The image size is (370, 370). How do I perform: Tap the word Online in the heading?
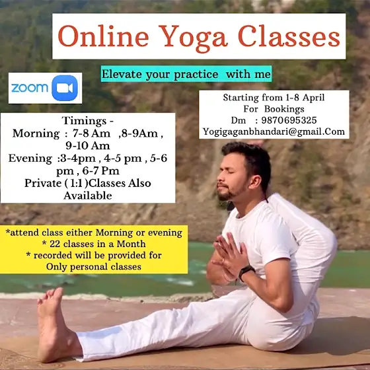[103, 36]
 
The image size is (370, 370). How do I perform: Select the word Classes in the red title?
[289, 36]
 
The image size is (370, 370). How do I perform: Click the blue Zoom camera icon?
[65, 88]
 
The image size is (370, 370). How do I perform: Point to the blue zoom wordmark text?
[30, 88]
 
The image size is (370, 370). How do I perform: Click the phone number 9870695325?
[289, 120]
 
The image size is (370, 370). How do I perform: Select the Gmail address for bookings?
[274, 131]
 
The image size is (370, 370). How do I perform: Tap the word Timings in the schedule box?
[85, 121]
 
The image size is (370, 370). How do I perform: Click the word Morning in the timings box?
[36, 133]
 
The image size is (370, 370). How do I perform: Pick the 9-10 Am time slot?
[88, 145]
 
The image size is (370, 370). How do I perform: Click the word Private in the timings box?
[43, 183]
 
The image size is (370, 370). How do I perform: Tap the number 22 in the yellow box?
[55, 244]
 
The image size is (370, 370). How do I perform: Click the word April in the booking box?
[314, 98]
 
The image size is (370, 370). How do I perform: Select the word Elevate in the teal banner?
[122, 74]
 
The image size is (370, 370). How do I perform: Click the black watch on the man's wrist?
[246, 272]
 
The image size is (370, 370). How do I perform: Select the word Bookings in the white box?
[284, 109]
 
